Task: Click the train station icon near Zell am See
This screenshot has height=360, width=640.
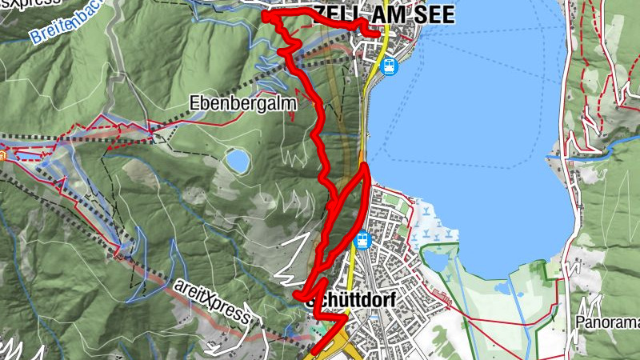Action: [390, 66]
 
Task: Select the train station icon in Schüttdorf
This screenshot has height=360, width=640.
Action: [363, 239]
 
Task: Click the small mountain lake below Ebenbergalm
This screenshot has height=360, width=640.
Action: [237, 161]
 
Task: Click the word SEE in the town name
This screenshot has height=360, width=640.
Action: [431, 15]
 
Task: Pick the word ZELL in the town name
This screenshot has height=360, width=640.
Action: [336, 15]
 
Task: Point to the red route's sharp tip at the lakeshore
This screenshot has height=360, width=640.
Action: [365, 166]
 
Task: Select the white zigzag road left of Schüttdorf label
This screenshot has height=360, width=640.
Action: [288, 277]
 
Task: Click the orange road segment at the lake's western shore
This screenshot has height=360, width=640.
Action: [362, 152]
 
